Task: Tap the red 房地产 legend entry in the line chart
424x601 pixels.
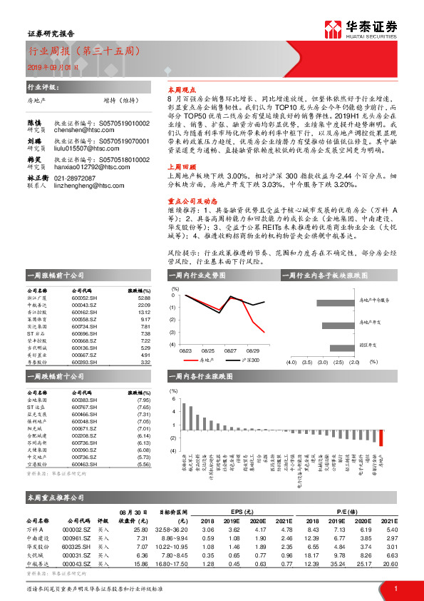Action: click(203, 362)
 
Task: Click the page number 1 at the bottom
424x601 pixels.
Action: click(395, 589)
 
